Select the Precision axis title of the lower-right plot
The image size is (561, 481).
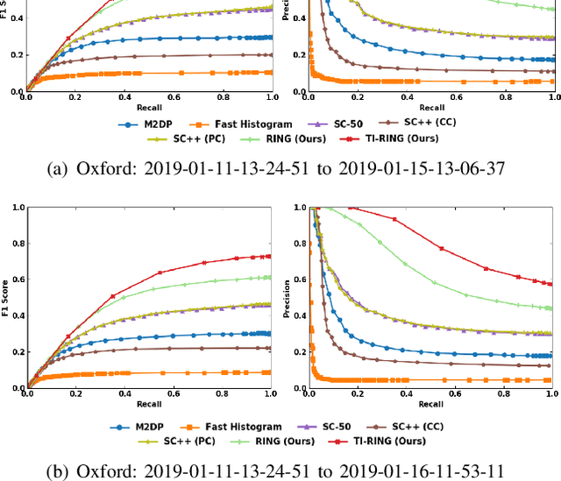(288, 298)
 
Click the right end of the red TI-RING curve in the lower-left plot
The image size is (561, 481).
(269, 257)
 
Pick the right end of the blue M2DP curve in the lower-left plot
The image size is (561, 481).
(269, 333)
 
